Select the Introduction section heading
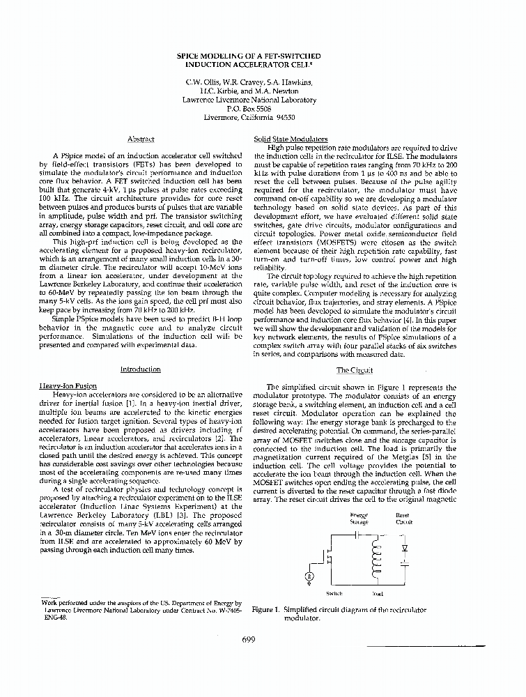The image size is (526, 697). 140,369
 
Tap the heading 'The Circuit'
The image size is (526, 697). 355,370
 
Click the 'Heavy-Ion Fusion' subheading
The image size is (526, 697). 69,386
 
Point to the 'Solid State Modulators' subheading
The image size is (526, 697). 281,139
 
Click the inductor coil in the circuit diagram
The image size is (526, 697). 377,556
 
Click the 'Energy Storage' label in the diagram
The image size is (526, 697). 359,518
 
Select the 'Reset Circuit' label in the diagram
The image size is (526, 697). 403,518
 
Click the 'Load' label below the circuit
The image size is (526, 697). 377,594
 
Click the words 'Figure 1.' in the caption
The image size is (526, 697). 266,609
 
